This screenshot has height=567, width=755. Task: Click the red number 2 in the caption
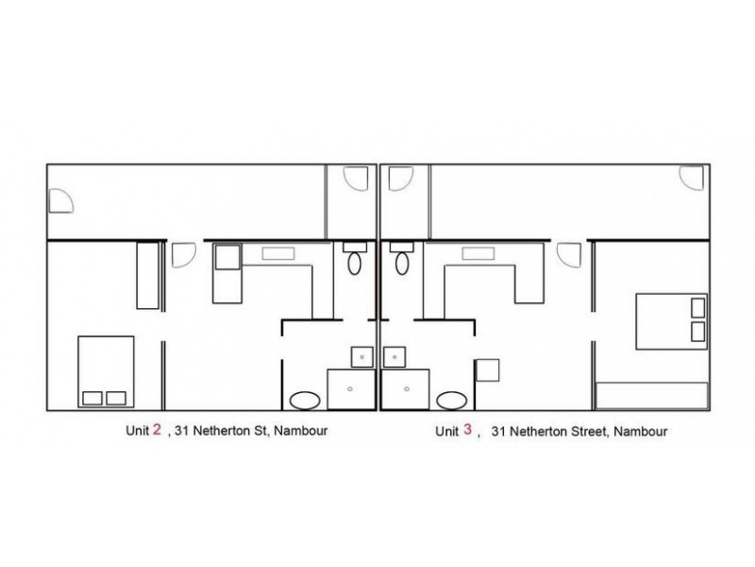157,429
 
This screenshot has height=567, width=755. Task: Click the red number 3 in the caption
467,429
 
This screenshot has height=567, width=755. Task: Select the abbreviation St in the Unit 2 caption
262,430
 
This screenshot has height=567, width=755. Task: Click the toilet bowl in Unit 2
355,264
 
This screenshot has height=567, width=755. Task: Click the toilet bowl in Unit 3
402,264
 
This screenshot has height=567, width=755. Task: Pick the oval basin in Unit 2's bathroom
305,401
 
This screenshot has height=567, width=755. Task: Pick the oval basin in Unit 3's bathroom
452,401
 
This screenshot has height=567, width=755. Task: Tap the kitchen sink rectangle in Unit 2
278,253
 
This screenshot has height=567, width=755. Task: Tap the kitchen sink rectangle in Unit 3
478,253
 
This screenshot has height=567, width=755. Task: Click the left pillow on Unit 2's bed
92,398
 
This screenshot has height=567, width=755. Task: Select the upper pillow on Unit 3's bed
697,308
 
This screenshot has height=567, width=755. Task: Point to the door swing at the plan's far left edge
61,200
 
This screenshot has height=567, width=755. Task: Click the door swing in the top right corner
692,178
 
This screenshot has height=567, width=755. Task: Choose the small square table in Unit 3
487,370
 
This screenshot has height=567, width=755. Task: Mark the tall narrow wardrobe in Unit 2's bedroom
148,275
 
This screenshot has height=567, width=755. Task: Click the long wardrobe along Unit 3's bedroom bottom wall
651,396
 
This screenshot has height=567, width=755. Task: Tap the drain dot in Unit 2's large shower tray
350,388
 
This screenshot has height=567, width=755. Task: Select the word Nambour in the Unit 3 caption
641,431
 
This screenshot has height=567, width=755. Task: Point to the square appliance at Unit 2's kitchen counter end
227,257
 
